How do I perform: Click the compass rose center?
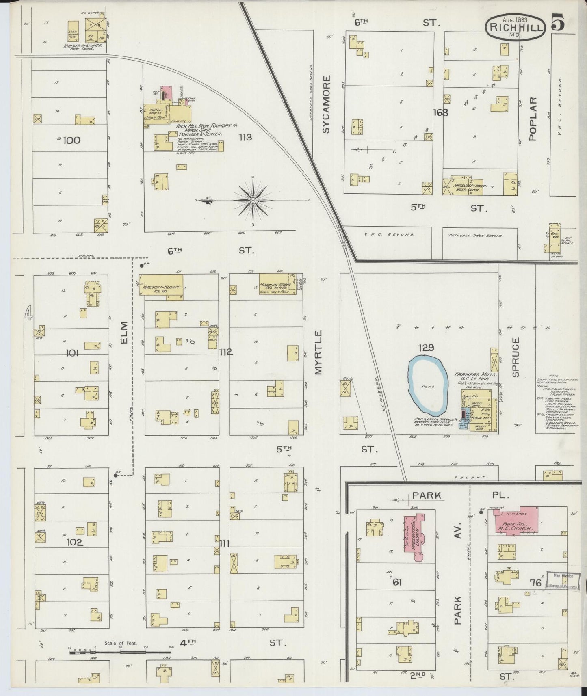[253, 201]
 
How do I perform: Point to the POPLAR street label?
[533, 119]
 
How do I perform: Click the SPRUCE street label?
[516, 357]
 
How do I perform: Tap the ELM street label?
[124, 332]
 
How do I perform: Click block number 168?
[440, 112]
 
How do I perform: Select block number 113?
[245, 137]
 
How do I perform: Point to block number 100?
[72, 140]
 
